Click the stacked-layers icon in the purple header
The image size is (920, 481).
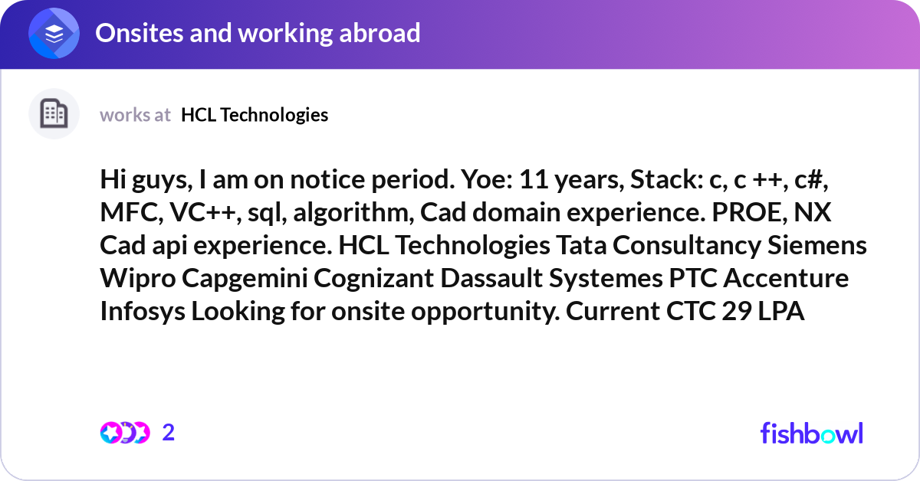[x=54, y=33]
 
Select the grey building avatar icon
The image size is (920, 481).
[x=54, y=114]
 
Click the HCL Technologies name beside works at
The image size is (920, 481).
[x=255, y=115]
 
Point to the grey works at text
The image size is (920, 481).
[x=135, y=115]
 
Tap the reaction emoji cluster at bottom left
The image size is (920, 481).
[x=124, y=433]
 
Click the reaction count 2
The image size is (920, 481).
[x=169, y=433]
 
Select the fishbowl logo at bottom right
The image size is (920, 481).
[x=811, y=433]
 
